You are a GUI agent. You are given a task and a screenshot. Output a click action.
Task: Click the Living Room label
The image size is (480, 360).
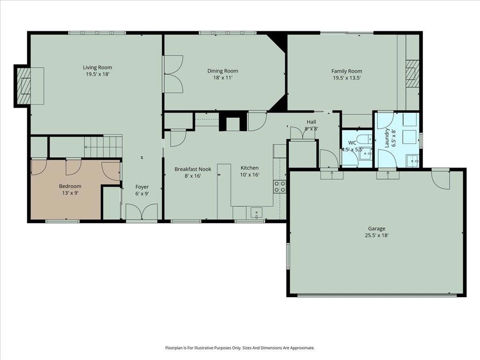[97, 67]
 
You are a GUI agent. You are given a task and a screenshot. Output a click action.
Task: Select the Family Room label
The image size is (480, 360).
[346, 71]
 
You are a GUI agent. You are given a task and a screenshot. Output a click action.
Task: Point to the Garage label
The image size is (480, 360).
[376, 229]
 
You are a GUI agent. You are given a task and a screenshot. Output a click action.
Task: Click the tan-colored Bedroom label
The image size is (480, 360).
[70, 186]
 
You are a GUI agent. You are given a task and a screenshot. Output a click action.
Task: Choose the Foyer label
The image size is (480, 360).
[142, 187]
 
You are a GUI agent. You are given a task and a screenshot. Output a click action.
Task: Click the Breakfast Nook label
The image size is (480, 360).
[193, 169]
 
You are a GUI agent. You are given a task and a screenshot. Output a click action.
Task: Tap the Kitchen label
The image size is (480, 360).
[249, 168]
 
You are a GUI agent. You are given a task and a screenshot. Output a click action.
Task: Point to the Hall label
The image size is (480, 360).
[311, 122]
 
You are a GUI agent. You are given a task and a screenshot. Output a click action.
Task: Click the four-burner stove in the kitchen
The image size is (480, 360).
[280, 187]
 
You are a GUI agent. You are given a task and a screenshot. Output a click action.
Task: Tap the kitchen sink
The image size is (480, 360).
[256, 213]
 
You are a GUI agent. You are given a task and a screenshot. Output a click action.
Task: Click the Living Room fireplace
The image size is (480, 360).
[23, 86]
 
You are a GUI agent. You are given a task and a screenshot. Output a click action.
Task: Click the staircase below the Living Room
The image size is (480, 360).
[103, 146]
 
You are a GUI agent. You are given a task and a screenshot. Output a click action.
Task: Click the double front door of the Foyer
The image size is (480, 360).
[142, 212]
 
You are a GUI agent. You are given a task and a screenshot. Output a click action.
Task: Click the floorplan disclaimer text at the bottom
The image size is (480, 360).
[240, 348]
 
